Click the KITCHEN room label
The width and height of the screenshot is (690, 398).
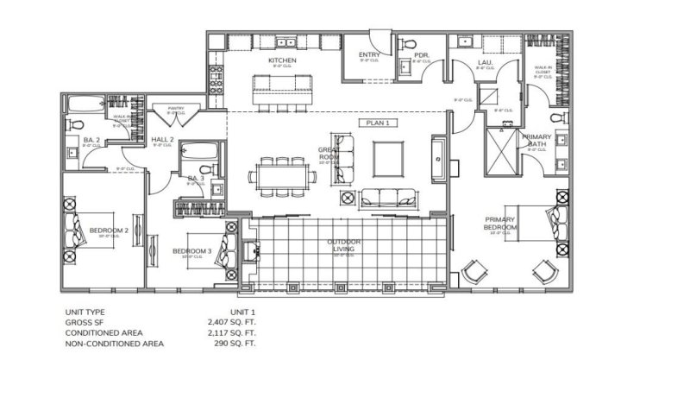click(282, 60)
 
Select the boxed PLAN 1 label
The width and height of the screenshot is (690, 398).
click(379, 123)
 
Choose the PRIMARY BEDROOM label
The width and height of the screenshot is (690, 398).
click(500, 224)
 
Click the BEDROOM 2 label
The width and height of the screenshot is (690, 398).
click(109, 231)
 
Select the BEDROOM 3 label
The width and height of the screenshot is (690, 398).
click(191, 251)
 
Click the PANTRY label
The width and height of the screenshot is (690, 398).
click(176, 109)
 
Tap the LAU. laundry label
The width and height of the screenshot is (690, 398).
click(485, 63)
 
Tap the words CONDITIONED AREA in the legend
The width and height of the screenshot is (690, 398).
click(103, 332)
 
